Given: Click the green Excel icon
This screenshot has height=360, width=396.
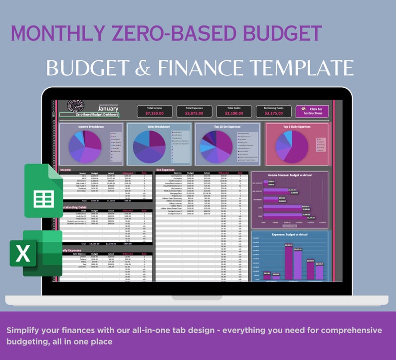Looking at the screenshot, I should click(36, 253).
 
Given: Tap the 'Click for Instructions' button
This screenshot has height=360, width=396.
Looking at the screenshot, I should click(312, 111).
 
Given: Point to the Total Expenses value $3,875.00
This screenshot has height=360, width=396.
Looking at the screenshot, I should click(194, 114).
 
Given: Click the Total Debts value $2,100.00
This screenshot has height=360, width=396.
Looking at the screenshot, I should click(234, 114).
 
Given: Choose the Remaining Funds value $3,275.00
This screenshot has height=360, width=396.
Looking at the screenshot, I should click(274, 114).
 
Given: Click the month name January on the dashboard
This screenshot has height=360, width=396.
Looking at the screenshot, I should click(108, 108).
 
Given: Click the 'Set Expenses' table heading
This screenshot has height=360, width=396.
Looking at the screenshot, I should click(166, 170).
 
